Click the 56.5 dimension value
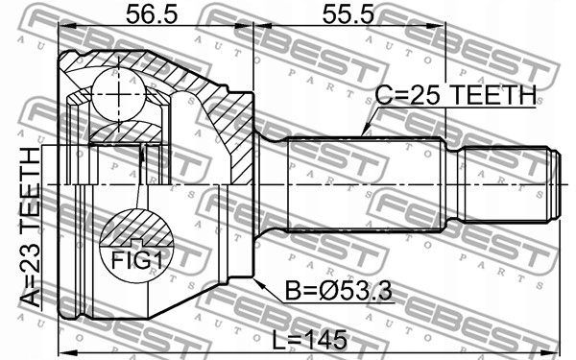point(152,15)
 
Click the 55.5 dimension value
point(348,15)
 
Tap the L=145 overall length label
point(309,340)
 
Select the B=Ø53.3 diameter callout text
point(339,291)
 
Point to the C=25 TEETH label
point(455,95)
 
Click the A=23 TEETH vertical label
point(31,228)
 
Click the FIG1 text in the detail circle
point(136,260)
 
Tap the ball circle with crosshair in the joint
point(118,94)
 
